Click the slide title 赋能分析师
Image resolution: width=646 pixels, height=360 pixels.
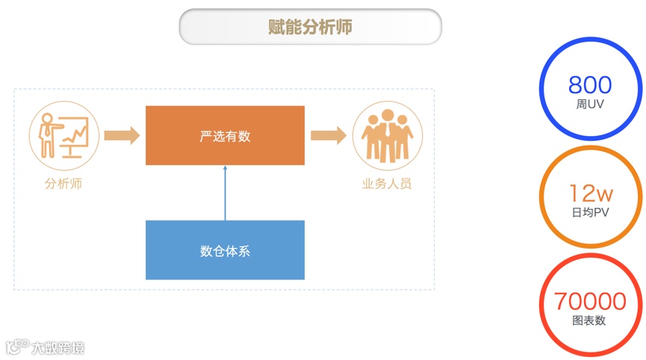[310, 27]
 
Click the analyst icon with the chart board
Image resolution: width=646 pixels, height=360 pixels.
[63, 135]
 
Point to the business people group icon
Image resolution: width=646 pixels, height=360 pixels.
[387, 135]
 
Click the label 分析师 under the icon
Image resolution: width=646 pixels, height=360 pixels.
[63, 184]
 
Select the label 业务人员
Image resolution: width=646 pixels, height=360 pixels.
[387, 184]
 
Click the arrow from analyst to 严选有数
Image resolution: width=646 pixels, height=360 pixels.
[122, 135]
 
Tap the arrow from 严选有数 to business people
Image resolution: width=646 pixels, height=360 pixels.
[329, 135]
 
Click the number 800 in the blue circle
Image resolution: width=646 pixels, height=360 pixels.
[590, 84]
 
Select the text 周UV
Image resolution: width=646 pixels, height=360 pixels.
[590, 105]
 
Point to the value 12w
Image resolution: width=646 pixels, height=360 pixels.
[591, 194]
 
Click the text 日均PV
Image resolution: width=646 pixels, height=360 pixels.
[591, 213]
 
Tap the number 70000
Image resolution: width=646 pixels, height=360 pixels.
[590, 301]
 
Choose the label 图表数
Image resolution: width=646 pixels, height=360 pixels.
[590, 320]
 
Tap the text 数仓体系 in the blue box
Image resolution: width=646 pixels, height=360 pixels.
[225, 251]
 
